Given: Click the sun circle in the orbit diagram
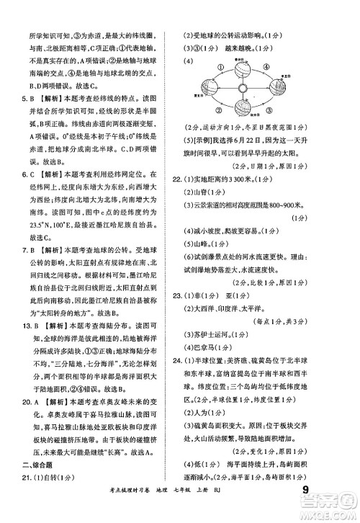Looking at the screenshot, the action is pos(242,88).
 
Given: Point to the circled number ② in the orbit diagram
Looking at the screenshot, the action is pos(219,109).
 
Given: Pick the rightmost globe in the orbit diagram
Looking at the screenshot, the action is pos(277,87).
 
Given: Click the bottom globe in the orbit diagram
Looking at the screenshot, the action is pos(243,107).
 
